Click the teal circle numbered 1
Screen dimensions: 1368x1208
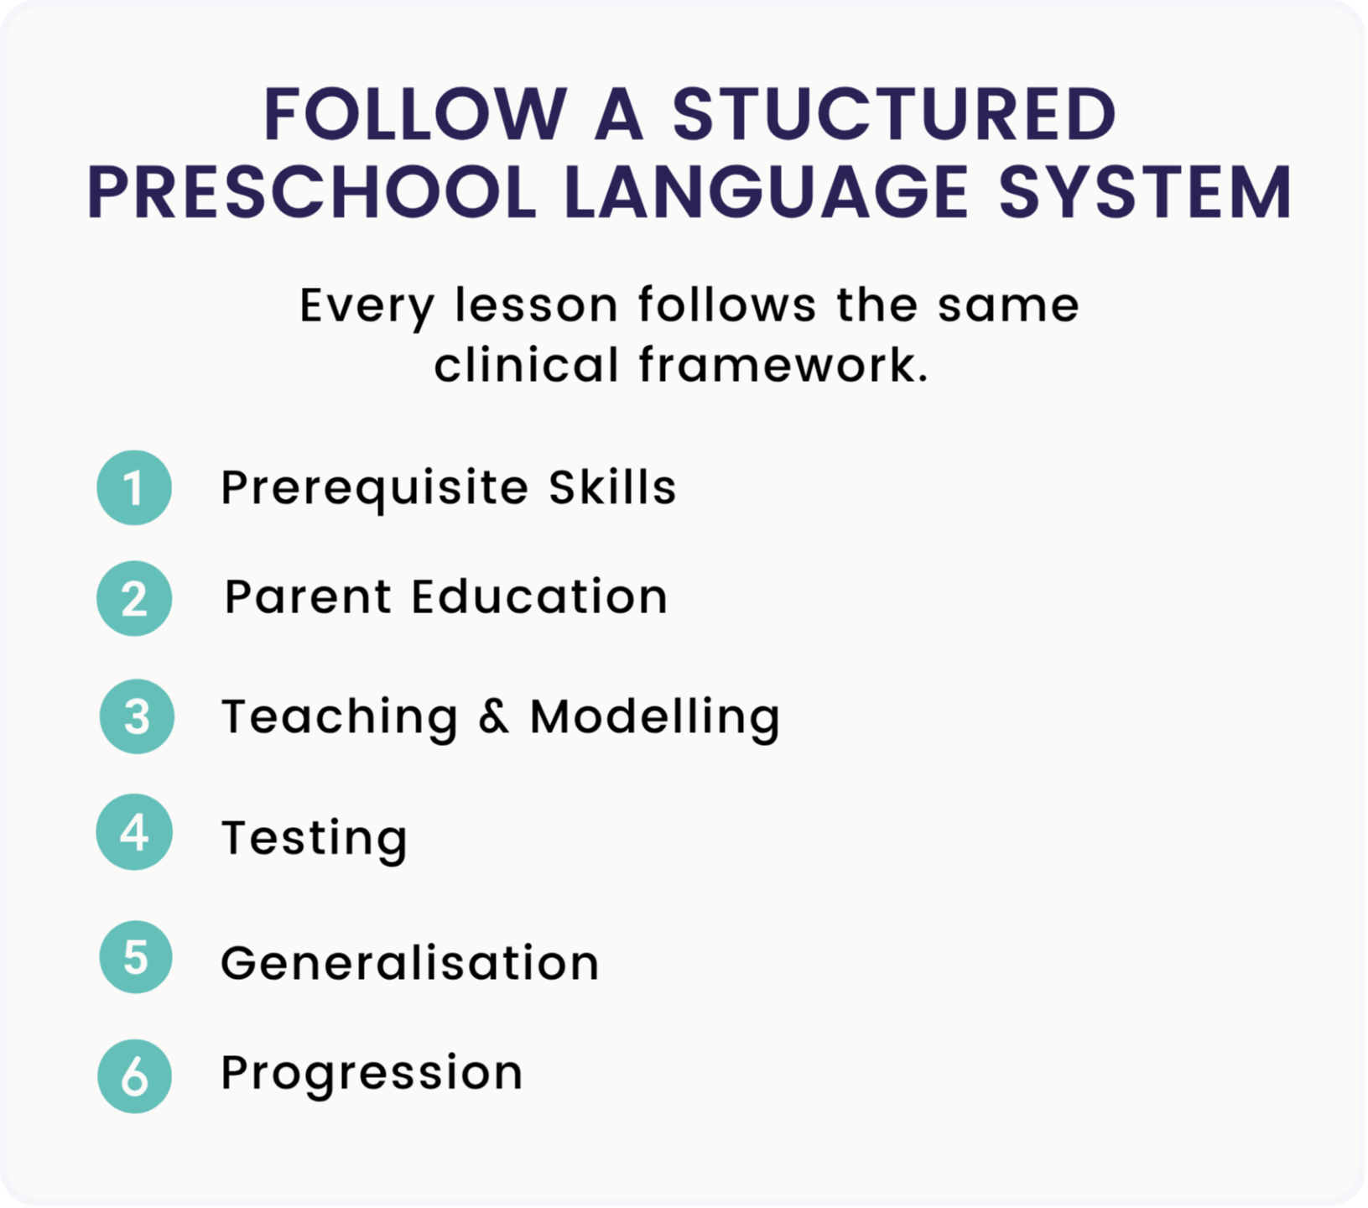tap(134, 487)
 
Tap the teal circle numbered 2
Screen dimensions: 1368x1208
tap(134, 598)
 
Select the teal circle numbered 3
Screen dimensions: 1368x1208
tap(137, 716)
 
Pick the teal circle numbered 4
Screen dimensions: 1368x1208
tap(134, 832)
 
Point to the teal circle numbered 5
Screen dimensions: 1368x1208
tap(136, 957)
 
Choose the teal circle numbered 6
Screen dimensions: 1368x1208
tap(134, 1076)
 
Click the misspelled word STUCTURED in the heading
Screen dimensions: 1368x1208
tap(894, 114)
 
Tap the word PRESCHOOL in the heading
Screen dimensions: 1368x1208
tap(312, 192)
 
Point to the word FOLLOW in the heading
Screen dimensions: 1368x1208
tap(416, 114)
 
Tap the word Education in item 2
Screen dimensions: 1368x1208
tap(539, 596)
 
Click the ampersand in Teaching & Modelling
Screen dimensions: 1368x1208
tap(494, 716)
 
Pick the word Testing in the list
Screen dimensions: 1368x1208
tap(315, 839)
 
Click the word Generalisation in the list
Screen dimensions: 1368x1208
tap(410, 962)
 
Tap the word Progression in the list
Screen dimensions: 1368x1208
tap(372, 1075)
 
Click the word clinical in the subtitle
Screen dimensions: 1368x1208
tap(526, 365)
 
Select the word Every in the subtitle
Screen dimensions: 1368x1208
tap(367, 307)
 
